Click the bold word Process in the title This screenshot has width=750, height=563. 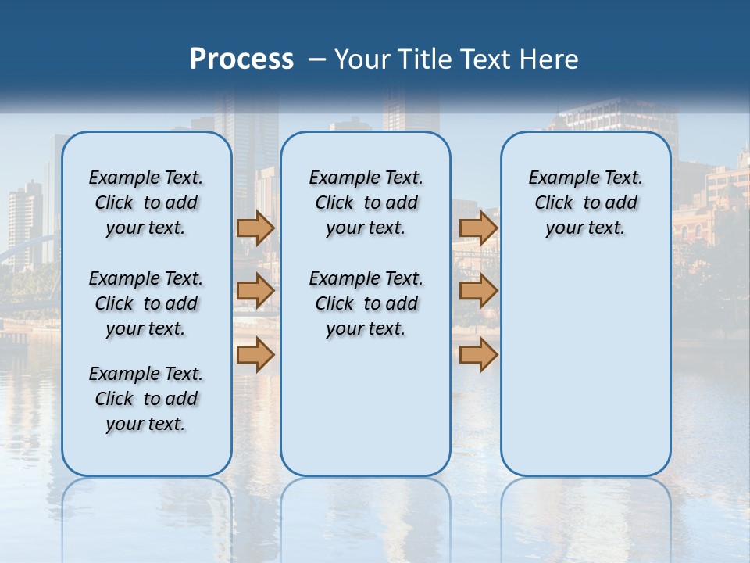click(241, 59)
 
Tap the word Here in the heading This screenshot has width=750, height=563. click(550, 59)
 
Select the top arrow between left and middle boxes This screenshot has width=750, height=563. click(255, 228)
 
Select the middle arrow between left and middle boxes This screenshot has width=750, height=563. click(255, 292)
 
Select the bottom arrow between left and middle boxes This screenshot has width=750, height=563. click(255, 356)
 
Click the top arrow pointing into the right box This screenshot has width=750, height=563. click(478, 228)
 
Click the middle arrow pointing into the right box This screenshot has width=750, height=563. click(478, 292)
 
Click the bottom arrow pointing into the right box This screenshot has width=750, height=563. click(478, 356)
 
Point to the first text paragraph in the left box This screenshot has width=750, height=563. click(146, 203)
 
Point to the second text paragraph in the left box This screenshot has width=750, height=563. click(146, 303)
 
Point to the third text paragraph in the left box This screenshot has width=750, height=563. click(146, 399)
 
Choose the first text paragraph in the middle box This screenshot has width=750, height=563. click(366, 203)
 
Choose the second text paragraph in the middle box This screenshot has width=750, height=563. click(366, 303)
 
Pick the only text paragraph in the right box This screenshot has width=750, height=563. click(585, 203)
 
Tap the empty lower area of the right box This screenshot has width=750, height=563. click(585, 368)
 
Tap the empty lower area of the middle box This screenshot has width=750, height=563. click(366, 407)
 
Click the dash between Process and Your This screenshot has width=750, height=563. click(317, 59)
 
